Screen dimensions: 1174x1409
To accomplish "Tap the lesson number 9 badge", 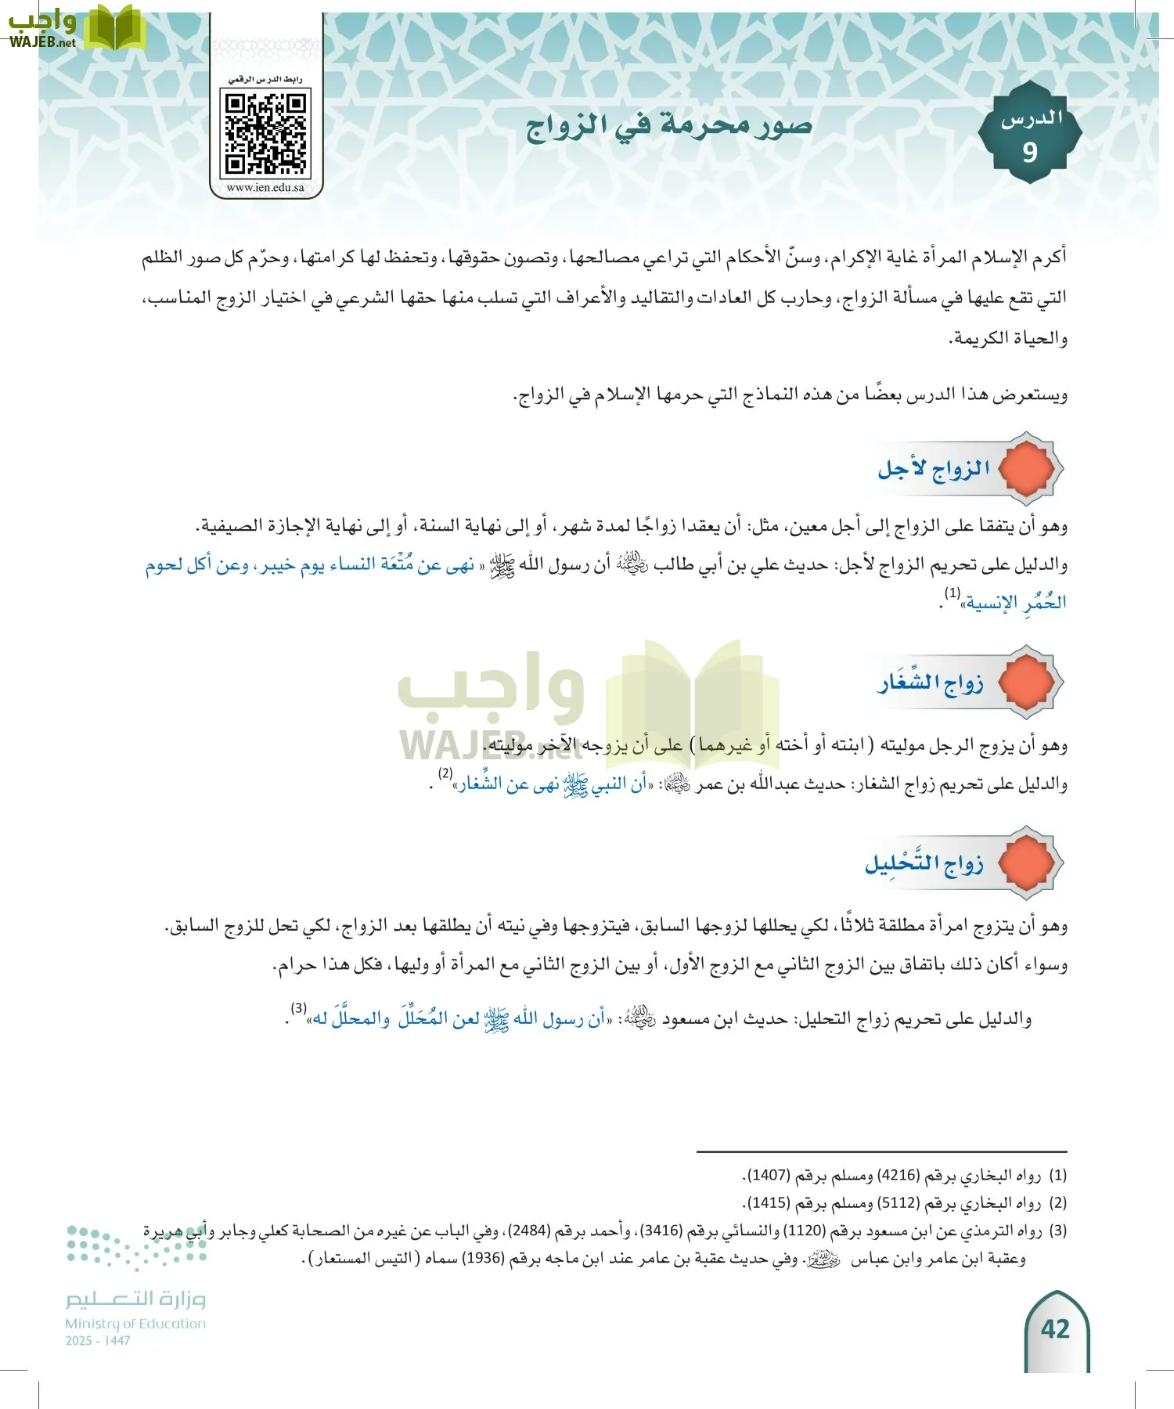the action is [1030, 134].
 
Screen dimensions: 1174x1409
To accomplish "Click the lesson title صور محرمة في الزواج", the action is [669, 125].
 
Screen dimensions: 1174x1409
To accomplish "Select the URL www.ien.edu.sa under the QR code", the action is [265, 188].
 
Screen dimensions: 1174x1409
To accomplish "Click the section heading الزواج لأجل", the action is [934, 469].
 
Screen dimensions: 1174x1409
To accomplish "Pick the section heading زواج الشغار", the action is [931, 683].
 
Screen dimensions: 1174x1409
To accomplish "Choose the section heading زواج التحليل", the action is [924, 863].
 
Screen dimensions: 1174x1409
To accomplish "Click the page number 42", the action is [1055, 1329].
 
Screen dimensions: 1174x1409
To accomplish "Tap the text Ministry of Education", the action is [135, 1324].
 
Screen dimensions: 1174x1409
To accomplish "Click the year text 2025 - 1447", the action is [98, 1341].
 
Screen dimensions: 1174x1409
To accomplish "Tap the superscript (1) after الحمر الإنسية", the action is [953, 593].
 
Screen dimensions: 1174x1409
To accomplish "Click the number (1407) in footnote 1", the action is [768, 1176].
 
